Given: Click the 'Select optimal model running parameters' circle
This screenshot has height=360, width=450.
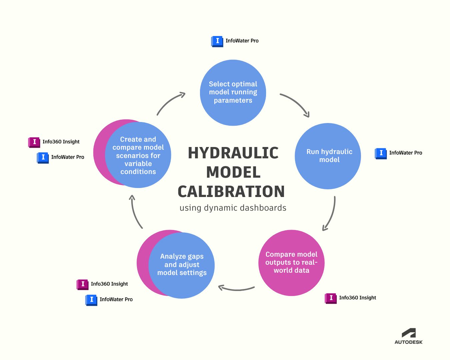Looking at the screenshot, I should pos(233,92).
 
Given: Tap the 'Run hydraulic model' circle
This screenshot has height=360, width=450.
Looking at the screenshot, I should pos(328,156).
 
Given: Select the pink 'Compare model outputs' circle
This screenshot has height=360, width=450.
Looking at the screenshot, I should pos(291,263).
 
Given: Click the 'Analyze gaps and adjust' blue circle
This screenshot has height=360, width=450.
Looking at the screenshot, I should pos(182,265).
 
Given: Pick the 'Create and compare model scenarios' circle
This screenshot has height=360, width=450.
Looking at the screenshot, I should pos(138,155).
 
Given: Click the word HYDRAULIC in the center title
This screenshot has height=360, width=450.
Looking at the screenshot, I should pos(233,153).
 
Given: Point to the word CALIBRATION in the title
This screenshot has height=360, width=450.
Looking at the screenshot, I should pos(231,192).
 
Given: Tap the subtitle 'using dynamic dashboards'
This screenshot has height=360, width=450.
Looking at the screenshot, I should pos(233,208).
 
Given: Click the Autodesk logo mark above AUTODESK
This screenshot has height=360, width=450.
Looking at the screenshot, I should pos(409,333).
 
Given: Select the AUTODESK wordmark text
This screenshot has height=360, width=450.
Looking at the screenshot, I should pos(409,342).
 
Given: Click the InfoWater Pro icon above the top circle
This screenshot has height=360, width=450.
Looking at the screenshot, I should pos(217,41).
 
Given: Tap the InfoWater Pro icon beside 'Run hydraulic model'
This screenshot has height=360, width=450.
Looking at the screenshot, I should pos(381,153).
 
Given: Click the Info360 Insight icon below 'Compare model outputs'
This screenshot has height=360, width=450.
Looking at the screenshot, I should pos(331,298).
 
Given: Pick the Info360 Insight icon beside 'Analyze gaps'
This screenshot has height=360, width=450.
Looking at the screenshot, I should pos(82,284).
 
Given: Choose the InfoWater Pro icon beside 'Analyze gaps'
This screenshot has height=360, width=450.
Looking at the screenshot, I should pos(91,300).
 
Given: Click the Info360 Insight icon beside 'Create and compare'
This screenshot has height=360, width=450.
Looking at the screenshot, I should pos(34,142).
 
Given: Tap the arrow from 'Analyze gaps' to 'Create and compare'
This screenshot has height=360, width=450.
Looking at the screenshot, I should pos(135,212).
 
